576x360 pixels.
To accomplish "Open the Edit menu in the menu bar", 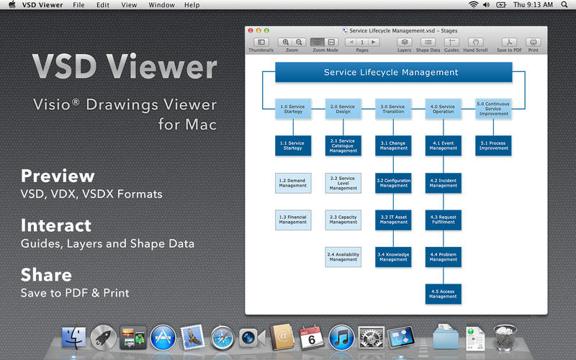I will tap(103, 5).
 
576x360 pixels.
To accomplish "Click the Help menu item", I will tap(192, 5).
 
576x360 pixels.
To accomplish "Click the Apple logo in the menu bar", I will tap(12, 5).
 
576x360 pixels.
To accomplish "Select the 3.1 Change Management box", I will tap(394, 146).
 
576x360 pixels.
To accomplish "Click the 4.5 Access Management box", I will tap(444, 294).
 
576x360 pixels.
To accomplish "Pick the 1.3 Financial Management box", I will tap(293, 220).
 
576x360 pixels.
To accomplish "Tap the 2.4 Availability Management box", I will tap(343, 256).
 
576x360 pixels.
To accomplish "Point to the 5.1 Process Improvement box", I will tap(493, 146).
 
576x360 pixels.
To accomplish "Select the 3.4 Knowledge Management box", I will tap(394, 256).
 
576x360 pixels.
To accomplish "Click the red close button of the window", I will tap(250, 31).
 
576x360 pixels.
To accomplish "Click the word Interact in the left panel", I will tap(56, 225).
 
